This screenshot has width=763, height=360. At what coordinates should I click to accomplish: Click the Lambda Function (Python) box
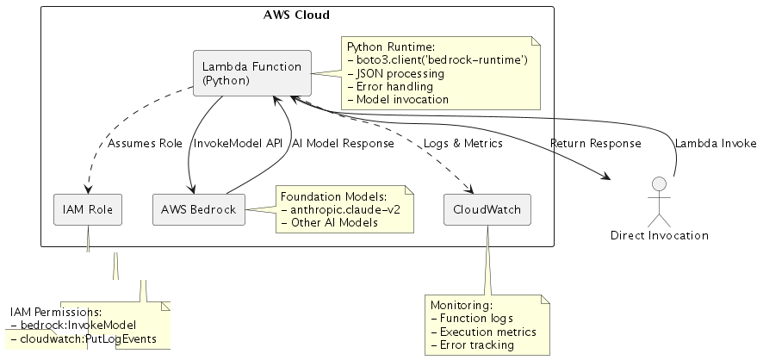click(x=251, y=72)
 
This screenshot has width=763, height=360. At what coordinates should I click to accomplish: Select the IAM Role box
click(x=88, y=208)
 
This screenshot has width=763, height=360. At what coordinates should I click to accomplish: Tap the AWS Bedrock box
click(x=197, y=208)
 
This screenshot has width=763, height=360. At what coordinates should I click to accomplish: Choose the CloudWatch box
click(x=487, y=208)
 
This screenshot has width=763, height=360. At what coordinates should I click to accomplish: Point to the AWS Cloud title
click(x=295, y=15)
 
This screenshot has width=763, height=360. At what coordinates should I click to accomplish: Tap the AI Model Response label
click(x=343, y=144)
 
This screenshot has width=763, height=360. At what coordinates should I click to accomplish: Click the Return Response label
click(x=594, y=144)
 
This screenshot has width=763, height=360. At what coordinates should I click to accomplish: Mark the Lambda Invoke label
click(x=715, y=144)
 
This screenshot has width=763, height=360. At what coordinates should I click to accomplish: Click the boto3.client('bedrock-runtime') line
click(x=441, y=59)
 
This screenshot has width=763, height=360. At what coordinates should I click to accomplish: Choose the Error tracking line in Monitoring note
click(x=471, y=345)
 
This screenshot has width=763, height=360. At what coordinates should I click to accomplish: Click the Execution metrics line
click(x=482, y=332)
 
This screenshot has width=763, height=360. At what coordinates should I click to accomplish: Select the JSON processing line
click(x=399, y=73)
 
